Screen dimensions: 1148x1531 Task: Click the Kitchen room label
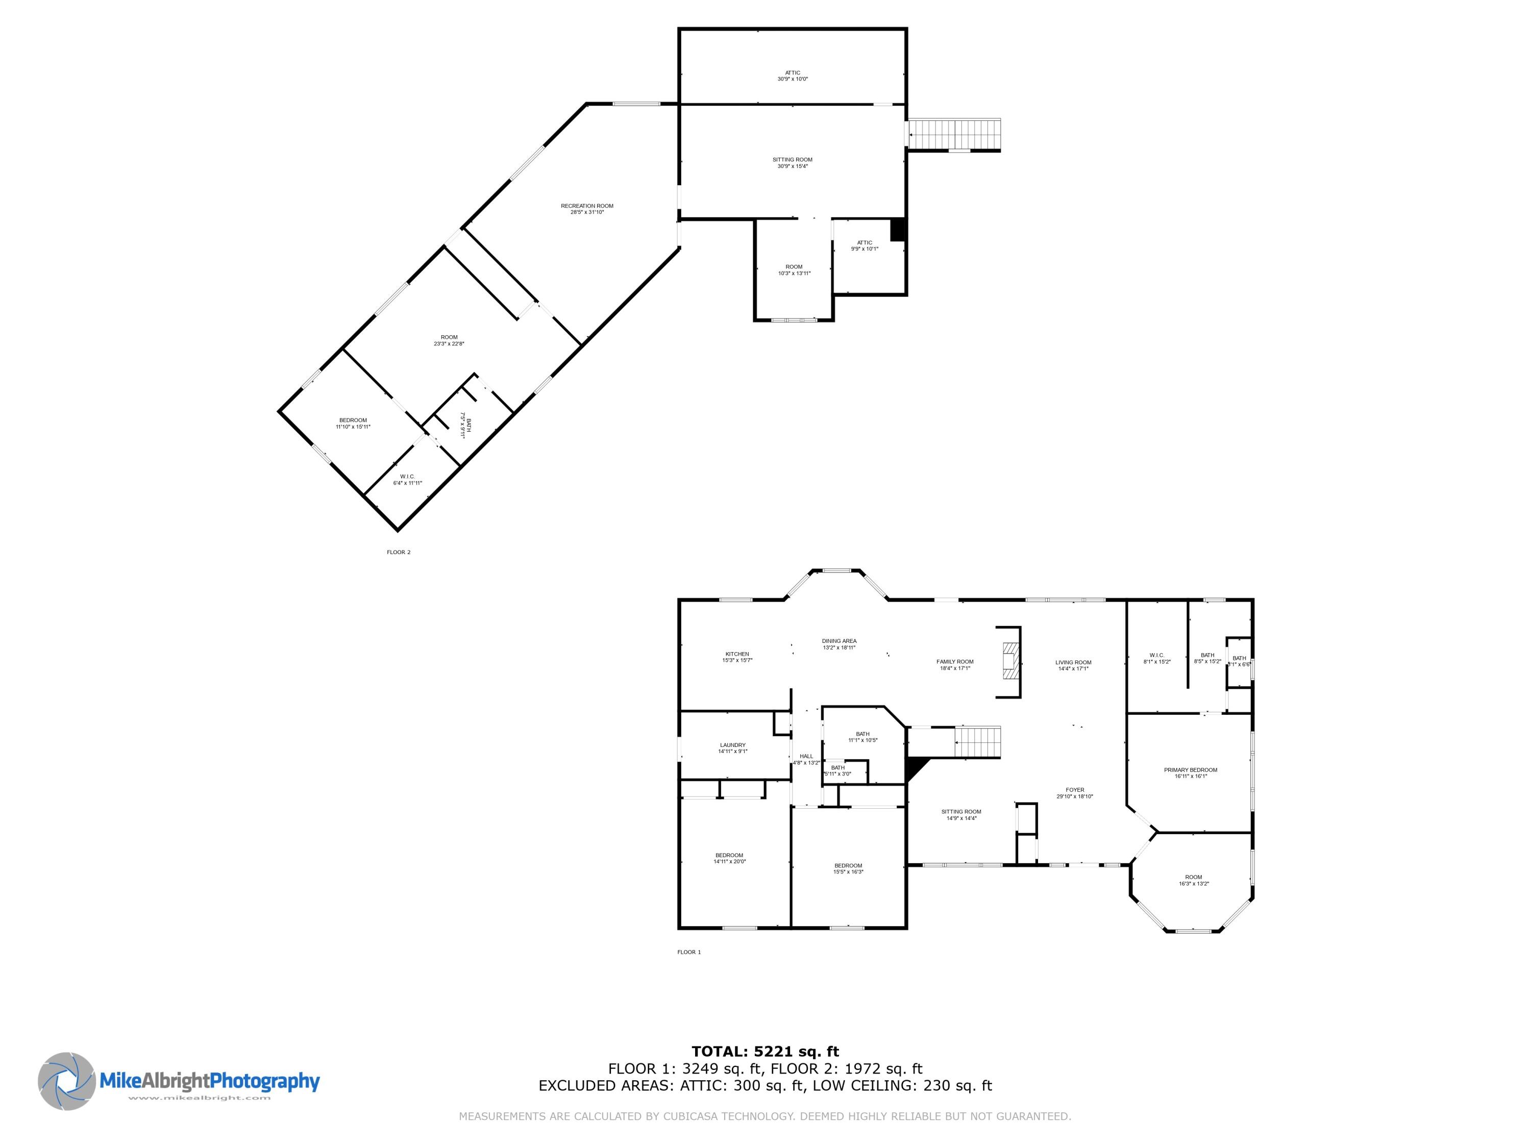tap(737, 657)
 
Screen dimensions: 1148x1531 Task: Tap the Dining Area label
tap(839, 643)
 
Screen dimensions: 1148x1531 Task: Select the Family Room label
tap(954, 664)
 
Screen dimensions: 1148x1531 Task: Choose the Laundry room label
tap(733, 748)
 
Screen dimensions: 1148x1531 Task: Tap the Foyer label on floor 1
tap(1075, 793)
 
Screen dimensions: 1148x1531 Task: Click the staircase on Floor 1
tap(978, 742)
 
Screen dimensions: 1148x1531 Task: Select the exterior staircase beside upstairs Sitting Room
tap(954, 134)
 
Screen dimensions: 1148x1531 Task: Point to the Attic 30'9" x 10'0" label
tap(793, 76)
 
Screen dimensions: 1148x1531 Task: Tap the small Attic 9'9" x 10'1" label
tap(865, 245)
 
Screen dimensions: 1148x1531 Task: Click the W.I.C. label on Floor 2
tap(407, 480)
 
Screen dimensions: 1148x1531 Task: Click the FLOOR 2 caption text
tap(399, 552)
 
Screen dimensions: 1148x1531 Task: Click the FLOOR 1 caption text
tap(688, 952)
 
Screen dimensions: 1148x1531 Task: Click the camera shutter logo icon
tap(66, 1081)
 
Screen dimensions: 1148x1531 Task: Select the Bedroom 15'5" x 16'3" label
tap(848, 868)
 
